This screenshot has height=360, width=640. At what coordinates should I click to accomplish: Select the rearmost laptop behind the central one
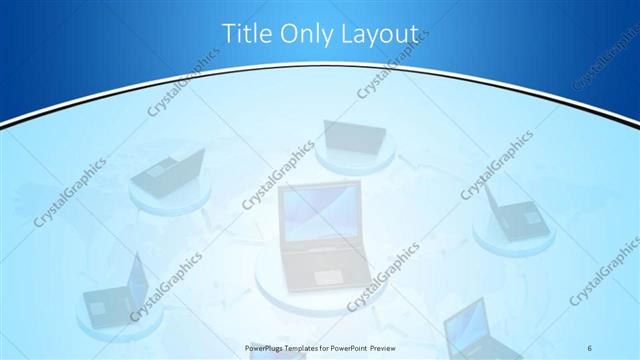(x=353, y=136)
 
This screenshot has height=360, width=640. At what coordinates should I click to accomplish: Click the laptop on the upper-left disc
(x=167, y=172)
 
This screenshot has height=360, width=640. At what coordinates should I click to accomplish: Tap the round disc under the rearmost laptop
(x=355, y=160)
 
